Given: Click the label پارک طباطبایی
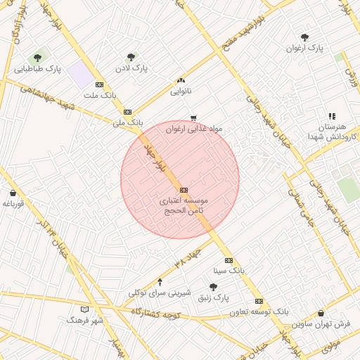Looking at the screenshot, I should click(x=38, y=70).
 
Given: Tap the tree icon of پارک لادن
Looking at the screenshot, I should click(x=131, y=57).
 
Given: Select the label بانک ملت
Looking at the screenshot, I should click(x=99, y=95).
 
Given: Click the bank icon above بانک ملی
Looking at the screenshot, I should click(x=127, y=112).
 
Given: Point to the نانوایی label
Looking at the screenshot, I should click(x=181, y=91).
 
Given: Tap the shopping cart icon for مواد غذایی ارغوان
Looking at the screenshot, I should click(x=193, y=118).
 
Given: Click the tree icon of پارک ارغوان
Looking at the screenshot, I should click(x=304, y=37).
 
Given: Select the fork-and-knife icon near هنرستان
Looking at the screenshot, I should click(x=332, y=116).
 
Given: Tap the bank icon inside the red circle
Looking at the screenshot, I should click(x=184, y=190).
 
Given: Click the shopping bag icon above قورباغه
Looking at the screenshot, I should click(x=13, y=193).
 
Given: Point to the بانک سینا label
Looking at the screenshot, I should click(x=229, y=270).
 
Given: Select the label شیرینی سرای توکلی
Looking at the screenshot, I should click(x=156, y=292).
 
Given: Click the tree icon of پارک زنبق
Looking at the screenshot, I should click(x=213, y=287).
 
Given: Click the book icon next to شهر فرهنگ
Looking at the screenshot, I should click(x=85, y=309).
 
